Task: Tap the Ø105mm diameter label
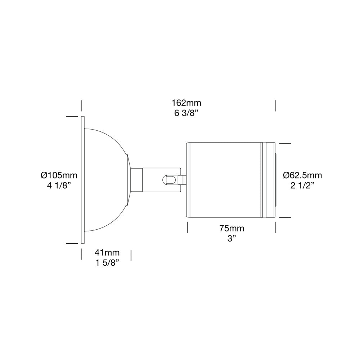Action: click(59, 175)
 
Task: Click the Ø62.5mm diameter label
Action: click(302, 175)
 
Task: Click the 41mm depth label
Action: click(107, 253)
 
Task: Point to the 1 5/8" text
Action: click(107, 263)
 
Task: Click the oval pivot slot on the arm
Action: click(171, 180)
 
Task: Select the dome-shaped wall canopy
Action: click(106, 180)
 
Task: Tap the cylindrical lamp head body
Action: click(223, 180)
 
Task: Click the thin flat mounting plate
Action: click(82, 180)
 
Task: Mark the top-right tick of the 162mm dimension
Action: click(275, 106)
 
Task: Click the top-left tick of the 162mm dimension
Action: click(82, 106)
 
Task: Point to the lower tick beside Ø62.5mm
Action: click(285, 217)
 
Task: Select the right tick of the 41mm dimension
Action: click(131, 256)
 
